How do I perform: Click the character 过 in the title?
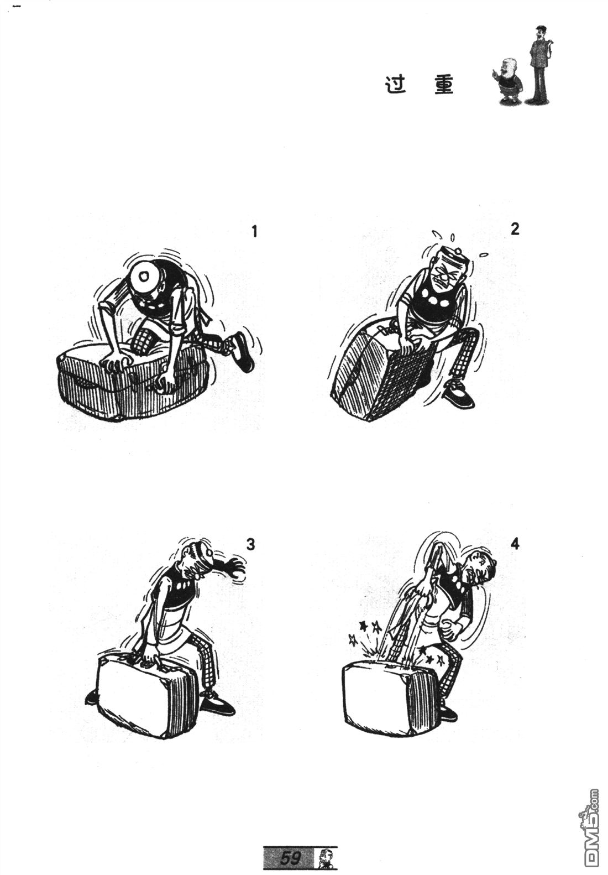[396, 85]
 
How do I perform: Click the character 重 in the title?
[444, 85]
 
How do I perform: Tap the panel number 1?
[254, 232]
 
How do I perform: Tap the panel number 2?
[515, 229]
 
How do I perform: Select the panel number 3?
[250, 544]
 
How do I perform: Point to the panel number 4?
[515, 544]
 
